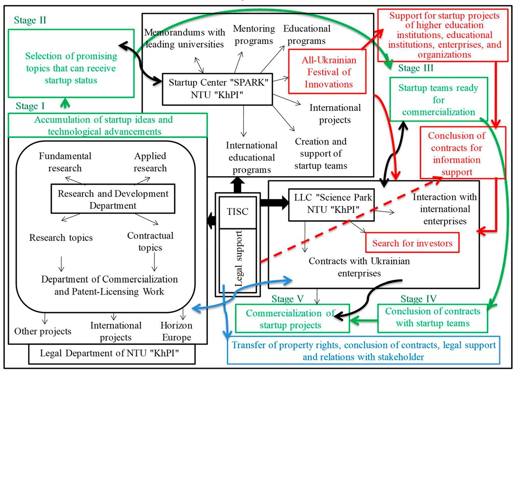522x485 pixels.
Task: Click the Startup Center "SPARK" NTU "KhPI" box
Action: pyautogui.click(x=217, y=89)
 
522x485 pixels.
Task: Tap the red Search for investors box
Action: pyautogui.click(x=412, y=243)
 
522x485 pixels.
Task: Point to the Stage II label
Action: pyautogui.click(x=30, y=20)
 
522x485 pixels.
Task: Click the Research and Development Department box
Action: pyautogui.click(x=113, y=199)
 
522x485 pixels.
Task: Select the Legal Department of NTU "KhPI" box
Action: pyautogui.click(x=112, y=353)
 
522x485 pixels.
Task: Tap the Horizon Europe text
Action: pyautogui.click(x=176, y=332)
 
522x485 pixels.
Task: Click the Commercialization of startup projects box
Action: pyautogui.click(x=290, y=319)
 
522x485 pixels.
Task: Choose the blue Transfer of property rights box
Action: pyautogui.click(x=364, y=350)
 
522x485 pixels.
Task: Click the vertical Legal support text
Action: pyautogui.click(x=239, y=259)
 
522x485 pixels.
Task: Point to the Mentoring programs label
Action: pyautogui.click(x=254, y=35)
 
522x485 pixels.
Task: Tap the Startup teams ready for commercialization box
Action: pyautogui.click(x=438, y=100)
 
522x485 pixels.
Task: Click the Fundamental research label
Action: pyautogui.click(x=65, y=162)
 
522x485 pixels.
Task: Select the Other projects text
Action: pyautogui.click(x=43, y=331)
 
